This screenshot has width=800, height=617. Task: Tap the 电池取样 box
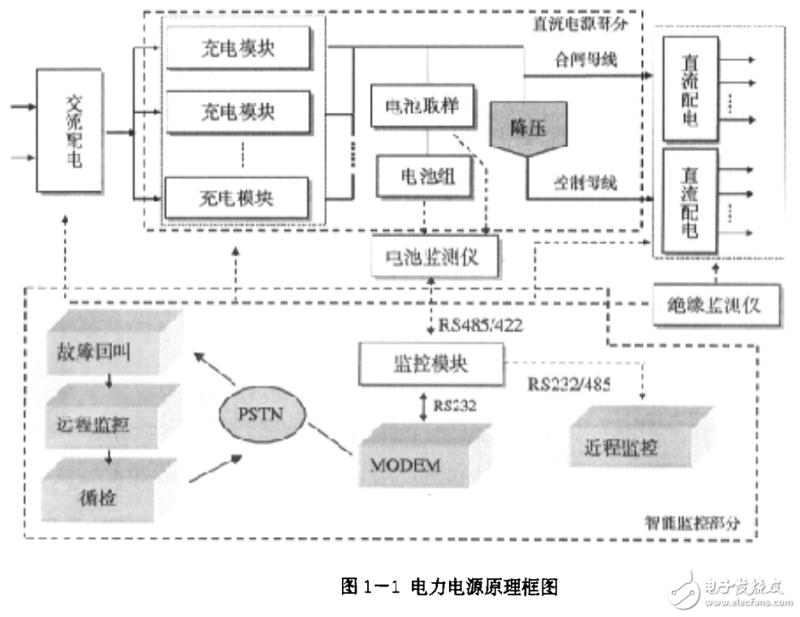(416, 106)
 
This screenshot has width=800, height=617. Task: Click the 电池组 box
(416, 177)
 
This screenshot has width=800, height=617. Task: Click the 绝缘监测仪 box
(714, 303)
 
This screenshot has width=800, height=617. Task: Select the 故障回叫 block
(101, 348)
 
